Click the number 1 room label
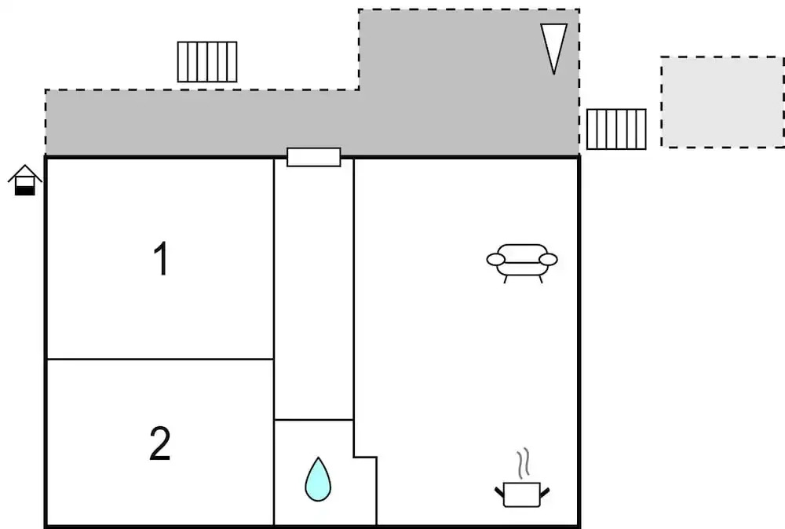tap(161, 259)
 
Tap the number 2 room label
tap(160, 444)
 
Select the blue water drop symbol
tap(318, 480)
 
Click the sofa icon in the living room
tap(522, 261)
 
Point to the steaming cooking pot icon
tap(521, 493)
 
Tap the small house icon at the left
tap(25, 180)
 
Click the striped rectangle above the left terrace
tap(207, 62)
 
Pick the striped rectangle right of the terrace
tap(616, 129)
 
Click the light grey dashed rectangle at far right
tap(721, 102)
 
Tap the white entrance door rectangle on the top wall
tap(313, 157)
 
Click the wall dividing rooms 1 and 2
tap(160, 359)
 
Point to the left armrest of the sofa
tap(496, 259)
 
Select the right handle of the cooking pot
tap(544, 492)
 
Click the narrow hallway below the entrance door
tap(313, 290)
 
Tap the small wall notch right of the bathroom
tap(365, 456)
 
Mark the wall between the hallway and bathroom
tap(313, 420)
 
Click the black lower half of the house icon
tap(25, 189)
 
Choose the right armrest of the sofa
tap(548, 259)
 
